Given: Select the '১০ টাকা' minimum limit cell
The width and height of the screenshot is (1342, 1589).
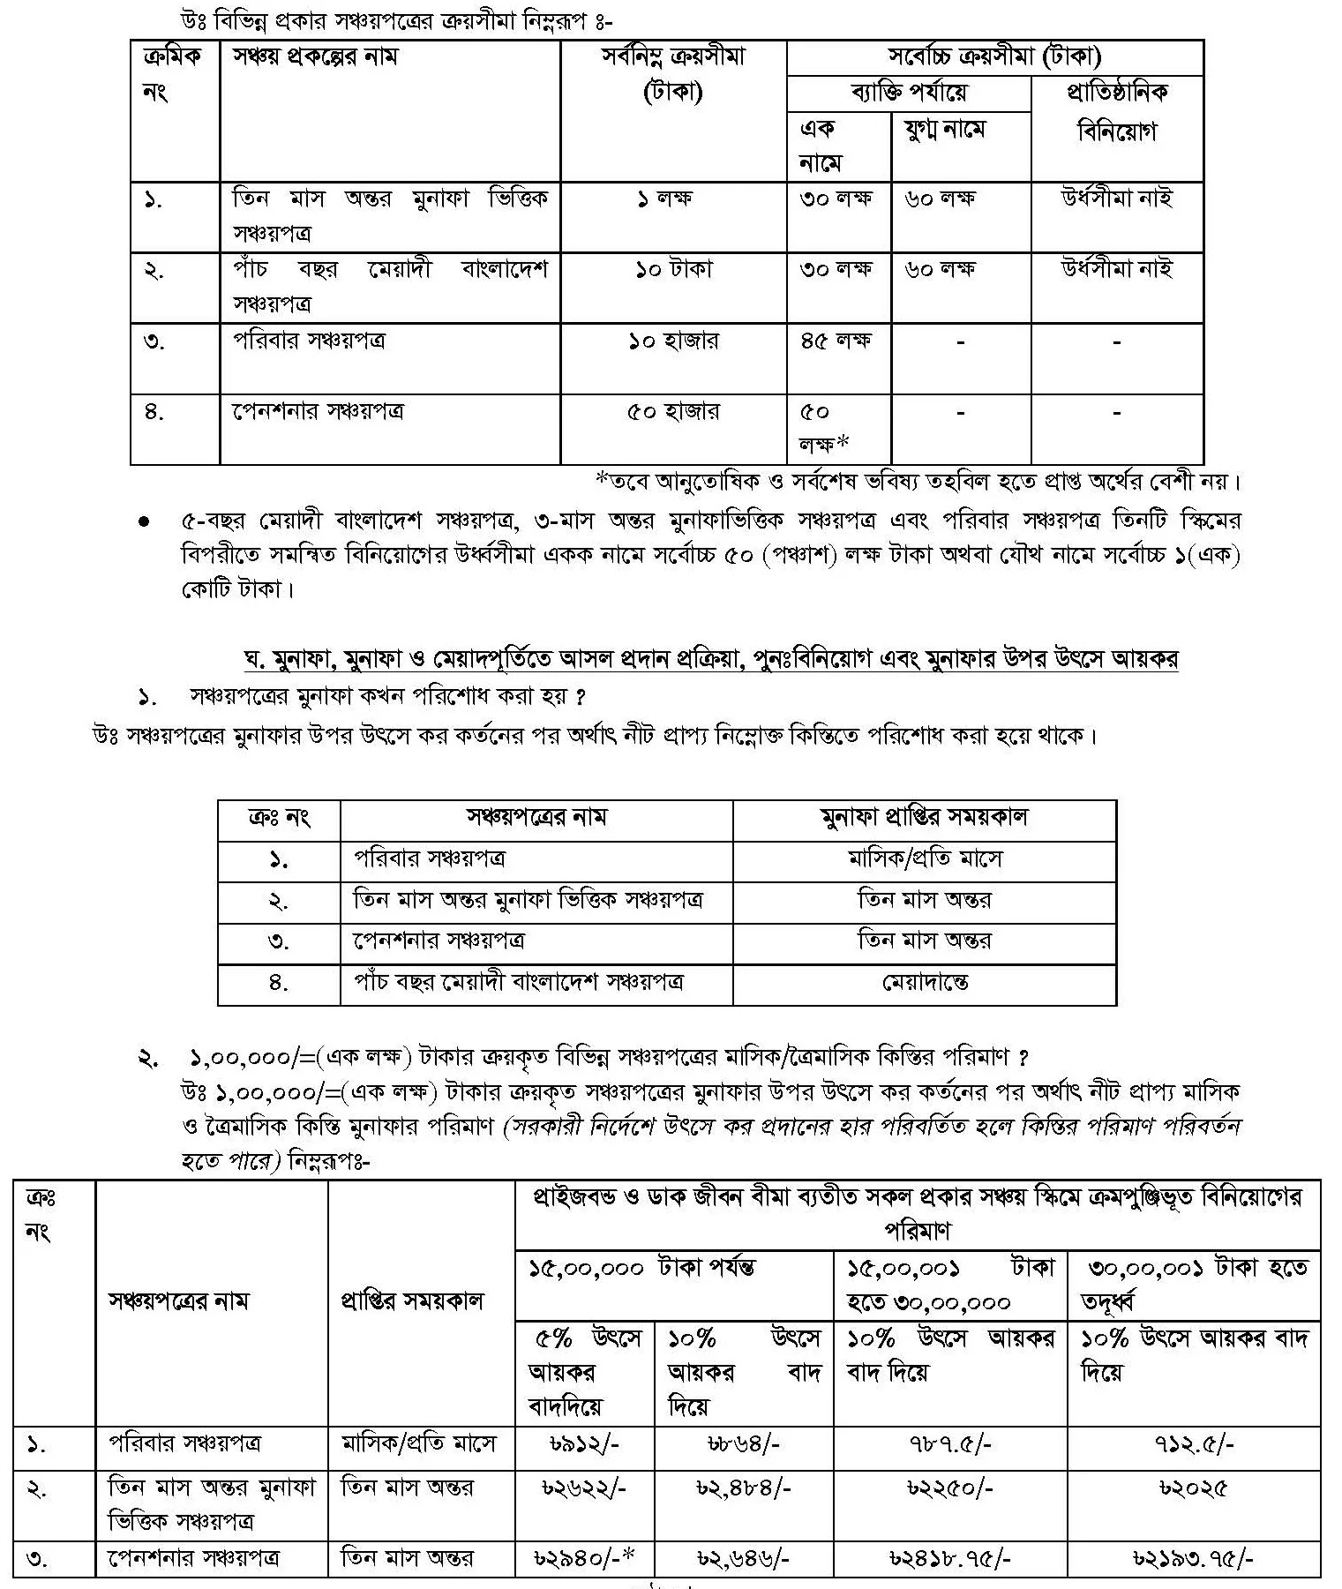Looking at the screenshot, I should point(673,269).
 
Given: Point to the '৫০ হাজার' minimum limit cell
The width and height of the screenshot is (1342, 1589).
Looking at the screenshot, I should point(673,411).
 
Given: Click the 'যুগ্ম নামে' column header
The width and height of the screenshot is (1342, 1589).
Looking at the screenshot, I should point(945,130).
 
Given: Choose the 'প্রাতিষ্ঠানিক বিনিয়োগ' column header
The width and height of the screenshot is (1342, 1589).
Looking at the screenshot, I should point(1117,111).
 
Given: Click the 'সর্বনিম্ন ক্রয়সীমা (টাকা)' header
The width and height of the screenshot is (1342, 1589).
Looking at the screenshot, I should point(673,74).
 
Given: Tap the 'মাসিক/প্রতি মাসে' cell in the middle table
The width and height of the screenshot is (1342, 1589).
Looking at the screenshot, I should point(924,858).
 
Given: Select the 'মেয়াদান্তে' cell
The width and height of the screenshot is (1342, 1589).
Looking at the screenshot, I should point(924,982).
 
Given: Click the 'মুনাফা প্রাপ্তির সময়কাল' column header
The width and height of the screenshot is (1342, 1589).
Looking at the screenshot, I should point(924,817).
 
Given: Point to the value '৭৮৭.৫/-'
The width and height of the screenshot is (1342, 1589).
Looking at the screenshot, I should point(949,1444).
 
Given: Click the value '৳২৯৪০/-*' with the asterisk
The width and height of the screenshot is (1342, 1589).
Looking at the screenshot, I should point(585,1559).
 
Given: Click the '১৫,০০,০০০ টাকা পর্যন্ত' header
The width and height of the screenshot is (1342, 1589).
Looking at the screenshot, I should point(641,1269).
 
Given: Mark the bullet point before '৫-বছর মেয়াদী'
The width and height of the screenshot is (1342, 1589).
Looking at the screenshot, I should point(144,521).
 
